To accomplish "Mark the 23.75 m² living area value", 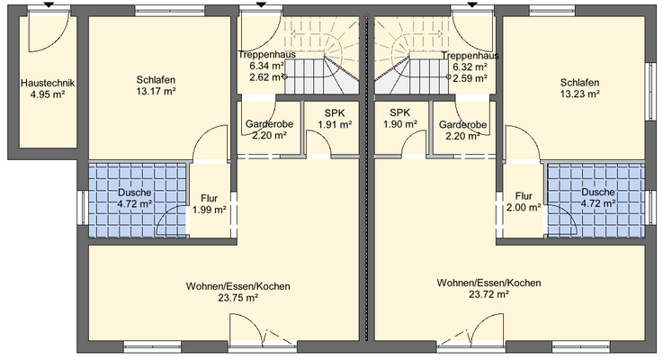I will coord(237,298).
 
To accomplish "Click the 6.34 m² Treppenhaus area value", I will coord(266,66).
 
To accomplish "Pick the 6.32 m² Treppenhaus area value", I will coord(470,66).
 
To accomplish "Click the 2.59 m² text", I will coord(470,77).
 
